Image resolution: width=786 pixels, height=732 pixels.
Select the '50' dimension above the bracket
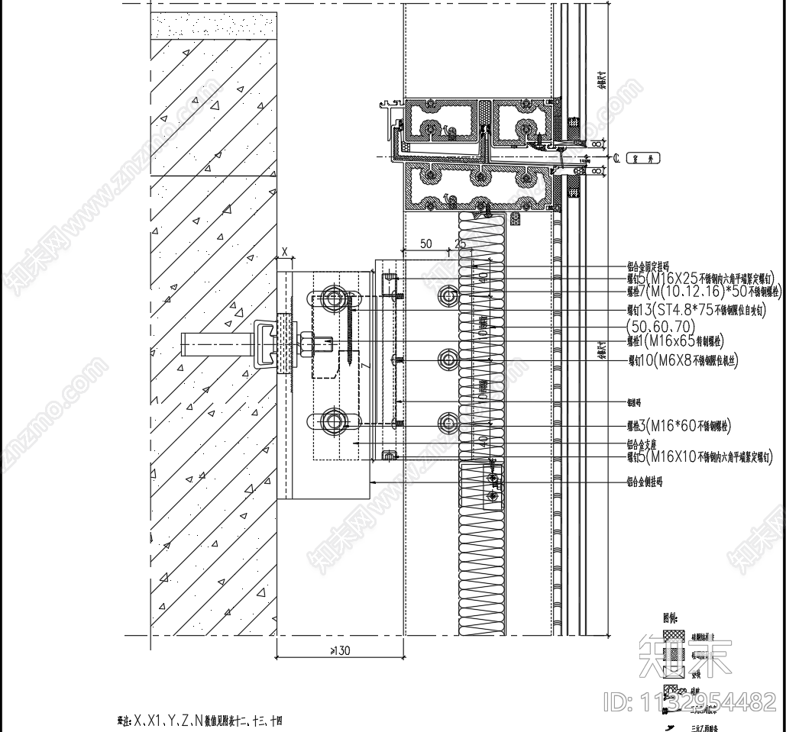point(426,244)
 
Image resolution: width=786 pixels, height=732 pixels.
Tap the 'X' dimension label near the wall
point(284,250)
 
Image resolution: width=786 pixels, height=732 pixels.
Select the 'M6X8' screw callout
point(672,360)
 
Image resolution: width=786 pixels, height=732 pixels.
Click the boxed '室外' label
point(643,158)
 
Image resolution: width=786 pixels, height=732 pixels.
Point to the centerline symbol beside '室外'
point(616,158)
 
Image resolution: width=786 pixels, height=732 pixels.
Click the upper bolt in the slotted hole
point(333,295)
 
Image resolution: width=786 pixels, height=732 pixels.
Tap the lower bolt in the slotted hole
point(333,421)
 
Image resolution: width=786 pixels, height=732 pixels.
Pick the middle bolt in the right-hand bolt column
point(448,358)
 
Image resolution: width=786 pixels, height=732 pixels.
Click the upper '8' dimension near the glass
point(596,143)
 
